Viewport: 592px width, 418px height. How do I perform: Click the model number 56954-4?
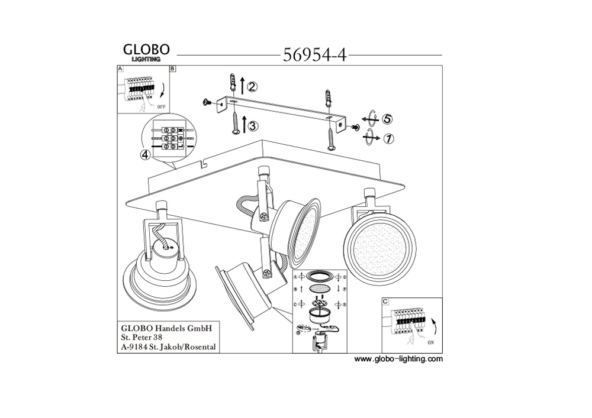tap(314, 55)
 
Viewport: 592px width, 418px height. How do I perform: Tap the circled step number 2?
tap(252, 87)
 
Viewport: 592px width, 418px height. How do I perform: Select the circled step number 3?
tap(252, 125)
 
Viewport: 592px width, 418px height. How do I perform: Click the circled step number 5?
tap(387, 119)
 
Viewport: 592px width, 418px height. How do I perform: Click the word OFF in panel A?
tap(162, 106)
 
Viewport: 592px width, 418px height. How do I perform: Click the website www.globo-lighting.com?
tap(398, 359)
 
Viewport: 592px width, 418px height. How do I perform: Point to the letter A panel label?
tap(121, 69)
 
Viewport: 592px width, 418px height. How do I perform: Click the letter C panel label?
tap(386, 302)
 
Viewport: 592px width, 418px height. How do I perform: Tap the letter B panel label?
tap(172, 69)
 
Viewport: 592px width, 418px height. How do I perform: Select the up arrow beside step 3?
tap(243, 126)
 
